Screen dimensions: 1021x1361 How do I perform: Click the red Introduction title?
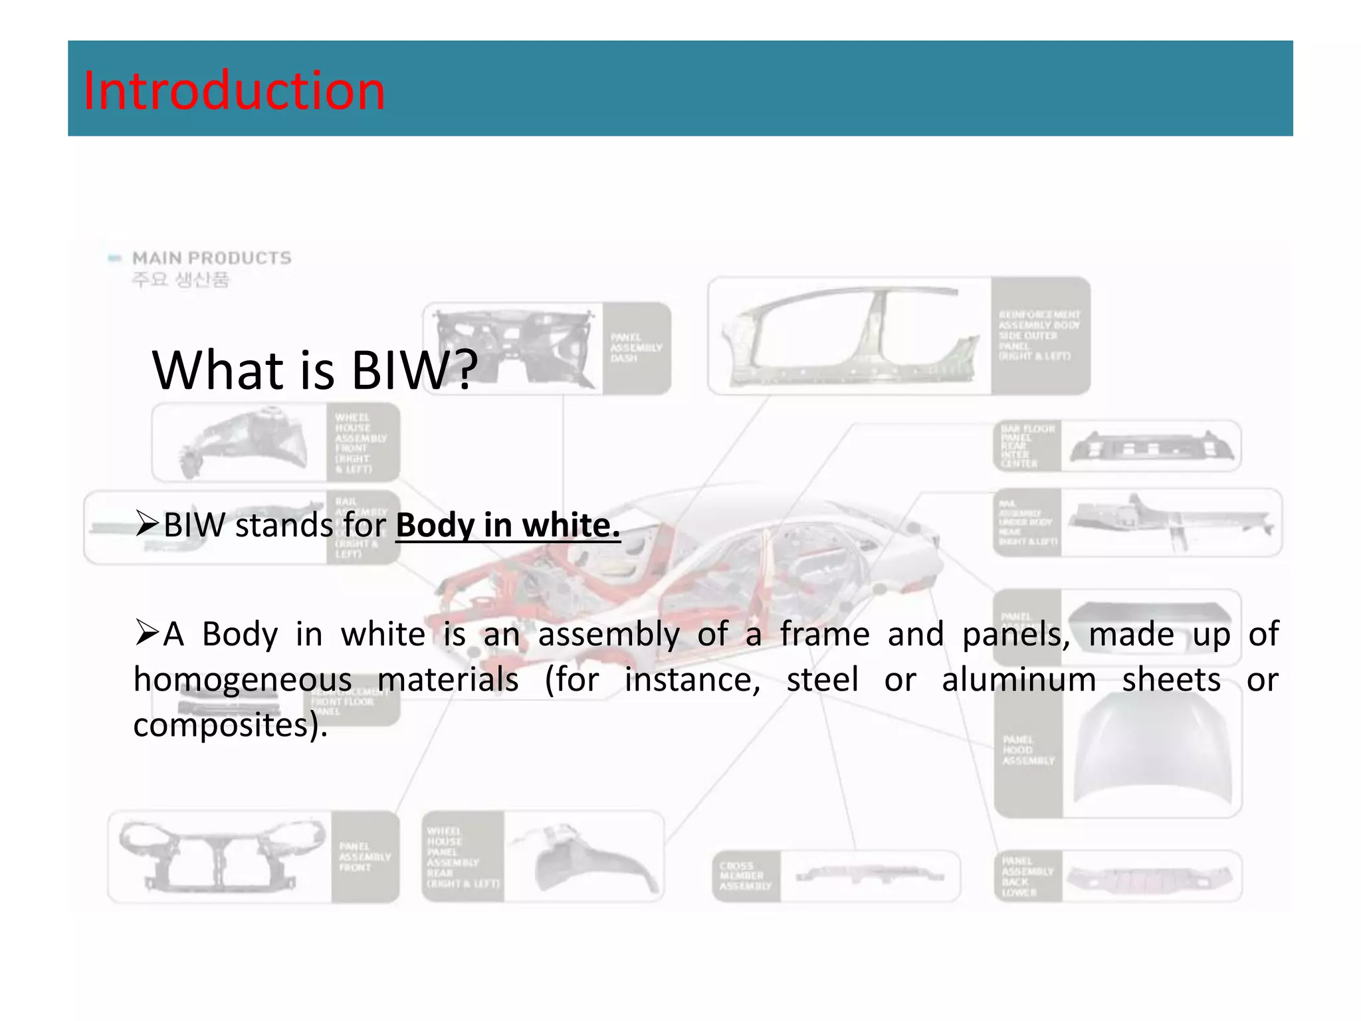[x=234, y=90]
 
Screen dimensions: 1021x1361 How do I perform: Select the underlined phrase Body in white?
[x=508, y=526]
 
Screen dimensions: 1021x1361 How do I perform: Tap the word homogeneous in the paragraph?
[x=243, y=680]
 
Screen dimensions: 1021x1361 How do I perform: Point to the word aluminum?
[x=1019, y=680]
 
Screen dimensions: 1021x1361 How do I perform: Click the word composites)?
[x=230, y=725]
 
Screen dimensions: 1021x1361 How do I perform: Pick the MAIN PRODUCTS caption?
[x=211, y=258]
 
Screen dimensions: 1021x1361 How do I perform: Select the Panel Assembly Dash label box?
[x=636, y=348]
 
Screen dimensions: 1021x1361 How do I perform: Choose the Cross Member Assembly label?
[x=746, y=875]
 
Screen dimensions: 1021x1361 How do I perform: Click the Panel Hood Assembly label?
[x=1027, y=750]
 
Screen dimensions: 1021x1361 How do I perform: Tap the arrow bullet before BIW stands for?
[x=146, y=524]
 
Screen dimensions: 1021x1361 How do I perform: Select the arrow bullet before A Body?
[x=146, y=633]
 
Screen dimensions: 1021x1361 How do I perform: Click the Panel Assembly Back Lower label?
[x=1027, y=876]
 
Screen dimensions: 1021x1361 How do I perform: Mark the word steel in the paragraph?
[x=822, y=680]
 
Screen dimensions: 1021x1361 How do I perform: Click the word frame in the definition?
[x=824, y=634]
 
